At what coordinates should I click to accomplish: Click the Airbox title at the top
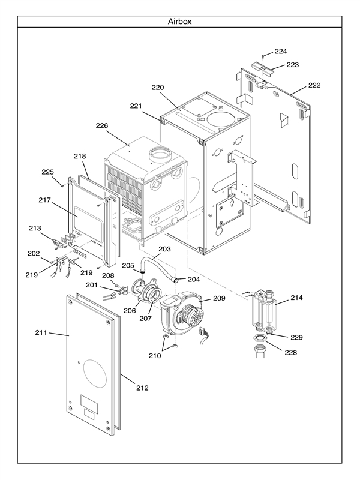click(x=179, y=21)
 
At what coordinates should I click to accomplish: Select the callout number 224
click(x=281, y=51)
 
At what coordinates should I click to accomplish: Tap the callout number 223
click(x=292, y=64)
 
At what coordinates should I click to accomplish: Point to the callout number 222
click(x=314, y=85)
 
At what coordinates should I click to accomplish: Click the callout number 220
click(x=158, y=88)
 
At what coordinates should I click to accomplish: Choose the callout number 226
click(x=102, y=126)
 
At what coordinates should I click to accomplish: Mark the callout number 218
click(x=80, y=156)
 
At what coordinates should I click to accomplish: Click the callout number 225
click(x=48, y=172)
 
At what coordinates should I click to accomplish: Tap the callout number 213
click(x=35, y=228)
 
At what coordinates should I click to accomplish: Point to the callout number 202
click(x=34, y=253)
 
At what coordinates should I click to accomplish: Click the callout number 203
click(x=164, y=248)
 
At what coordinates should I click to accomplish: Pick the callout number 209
click(x=219, y=298)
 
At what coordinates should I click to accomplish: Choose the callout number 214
click(x=296, y=298)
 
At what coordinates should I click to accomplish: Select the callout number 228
click(x=290, y=352)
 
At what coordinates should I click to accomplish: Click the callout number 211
click(x=41, y=332)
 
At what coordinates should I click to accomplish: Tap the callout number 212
click(x=142, y=388)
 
